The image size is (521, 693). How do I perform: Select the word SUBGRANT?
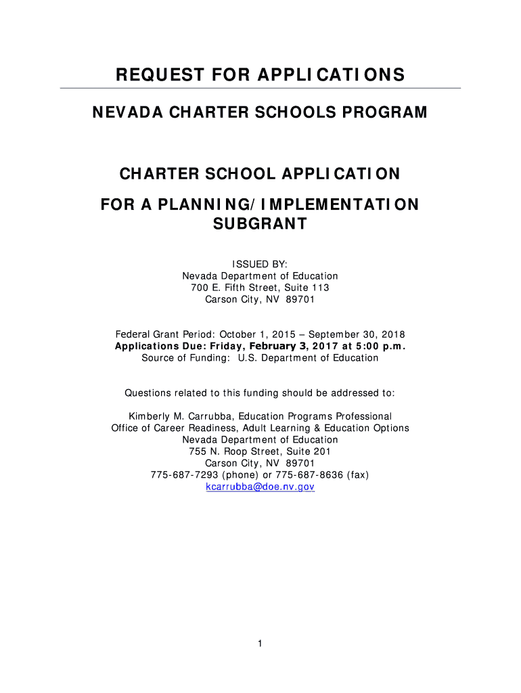click(x=260, y=223)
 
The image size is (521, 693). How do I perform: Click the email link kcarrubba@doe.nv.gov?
click(x=260, y=487)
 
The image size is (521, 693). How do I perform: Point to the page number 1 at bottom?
click(x=260, y=643)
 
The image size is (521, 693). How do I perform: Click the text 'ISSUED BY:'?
click(x=260, y=264)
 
